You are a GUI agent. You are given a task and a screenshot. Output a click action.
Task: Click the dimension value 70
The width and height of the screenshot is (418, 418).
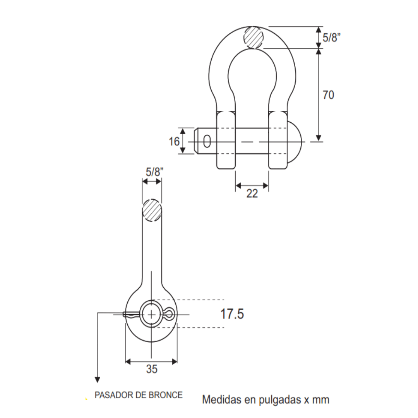(x=328, y=95)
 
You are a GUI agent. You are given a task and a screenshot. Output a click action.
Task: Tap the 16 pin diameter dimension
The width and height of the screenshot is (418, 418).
(x=174, y=142)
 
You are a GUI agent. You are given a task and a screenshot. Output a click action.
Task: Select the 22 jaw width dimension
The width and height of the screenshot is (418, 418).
(x=252, y=194)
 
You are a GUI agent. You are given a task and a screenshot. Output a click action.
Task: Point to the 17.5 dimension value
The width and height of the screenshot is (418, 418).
(x=232, y=314)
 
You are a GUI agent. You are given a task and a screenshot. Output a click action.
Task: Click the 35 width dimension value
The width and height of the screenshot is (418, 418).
(x=152, y=370)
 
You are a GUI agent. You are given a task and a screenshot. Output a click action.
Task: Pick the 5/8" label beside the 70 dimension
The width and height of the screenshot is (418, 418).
(x=332, y=38)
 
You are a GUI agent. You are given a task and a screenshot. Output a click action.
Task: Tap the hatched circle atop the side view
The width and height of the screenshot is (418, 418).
(x=152, y=210)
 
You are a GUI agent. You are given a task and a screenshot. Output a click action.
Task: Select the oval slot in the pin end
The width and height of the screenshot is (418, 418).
(x=207, y=142)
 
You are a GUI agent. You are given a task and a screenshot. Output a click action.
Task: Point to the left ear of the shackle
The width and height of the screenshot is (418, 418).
(x=226, y=140)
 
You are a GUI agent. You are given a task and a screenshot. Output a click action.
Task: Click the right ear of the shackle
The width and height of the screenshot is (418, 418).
(x=278, y=140)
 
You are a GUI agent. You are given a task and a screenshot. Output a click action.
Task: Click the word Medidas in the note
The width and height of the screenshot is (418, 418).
(x=219, y=399)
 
